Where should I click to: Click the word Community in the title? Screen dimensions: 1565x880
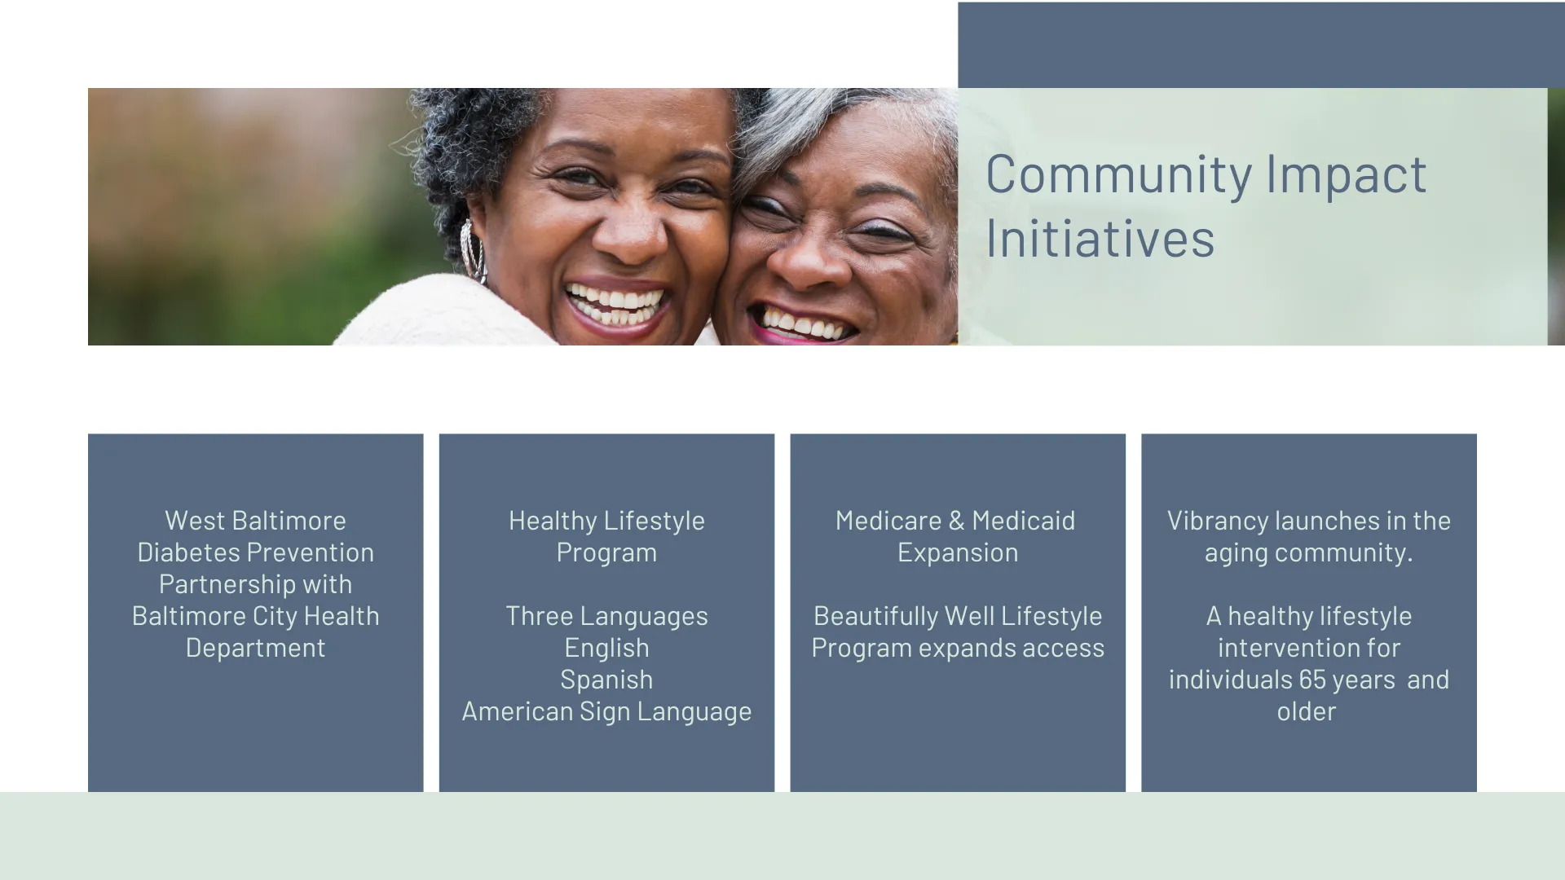pyautogui.click(x=1119, y=175)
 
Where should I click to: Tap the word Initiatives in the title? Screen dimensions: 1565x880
pyautogui.click(x=1100, y=239)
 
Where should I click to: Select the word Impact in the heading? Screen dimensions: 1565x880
pyautogui.click(x=1346, y=175)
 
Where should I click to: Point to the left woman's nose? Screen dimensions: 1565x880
pyautogui.click(x=629, y=232)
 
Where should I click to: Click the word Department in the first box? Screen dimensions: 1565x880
pyautogui.click(x=256, y=649)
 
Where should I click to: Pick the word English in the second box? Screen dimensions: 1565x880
pyautogui.click(x=607, y=649)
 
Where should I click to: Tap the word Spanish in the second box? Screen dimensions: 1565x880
pyautogui.click(x=606, y=680)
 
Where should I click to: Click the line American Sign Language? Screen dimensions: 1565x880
pyautogui.click(x=606, y=712)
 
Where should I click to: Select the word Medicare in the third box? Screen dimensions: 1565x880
pyautogui.click(x=888, y=521)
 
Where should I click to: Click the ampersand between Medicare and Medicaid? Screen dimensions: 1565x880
pyautogui.click(x=957, y=521)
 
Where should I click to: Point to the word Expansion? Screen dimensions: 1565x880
pyautogui.click(x=958, y=552)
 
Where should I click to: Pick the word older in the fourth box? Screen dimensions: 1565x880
pyautogui.click(x=1307, y=711)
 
